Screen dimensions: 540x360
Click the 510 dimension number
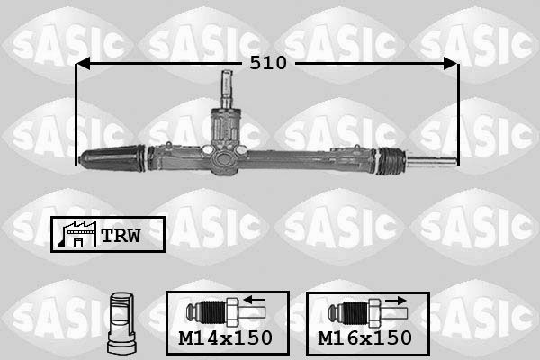pyautogui.click(x=268, y=63)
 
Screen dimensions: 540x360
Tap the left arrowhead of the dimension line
pyautogui.click(x=83, y=63)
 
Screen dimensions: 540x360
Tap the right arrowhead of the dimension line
pyautogui.click(x=451, y=63)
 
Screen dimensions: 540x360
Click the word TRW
pyautogui.click(x=121, y=236)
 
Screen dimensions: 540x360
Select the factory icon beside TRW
pyautogui.click(x=77, y=234)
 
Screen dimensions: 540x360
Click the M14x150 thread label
pyautogui.click(x=226, y=338)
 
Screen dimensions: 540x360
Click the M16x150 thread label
pyautogui.click(x=365, y=338)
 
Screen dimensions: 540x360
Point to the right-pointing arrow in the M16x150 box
pyautogui.click(x=396, y=301)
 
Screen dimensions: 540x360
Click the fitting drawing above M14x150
pyautogui.click(x=226, y=312)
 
